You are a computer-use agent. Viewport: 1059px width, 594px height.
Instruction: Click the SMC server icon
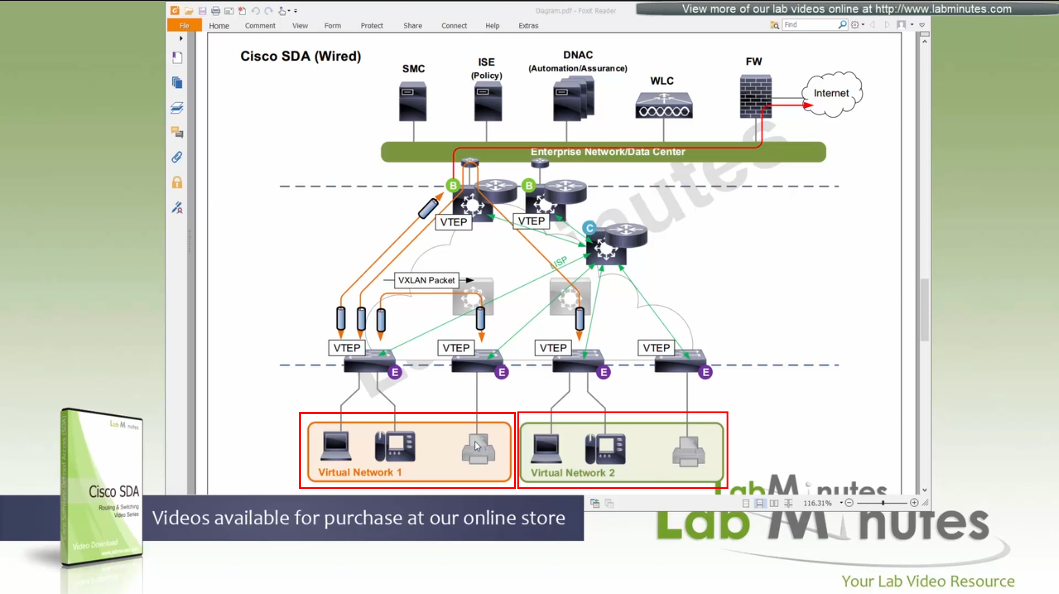413,101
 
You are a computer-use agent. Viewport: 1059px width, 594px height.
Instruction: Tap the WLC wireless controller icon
664,105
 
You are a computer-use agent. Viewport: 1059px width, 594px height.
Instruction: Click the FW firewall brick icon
755,96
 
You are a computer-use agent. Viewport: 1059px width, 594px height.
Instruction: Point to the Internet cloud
831,94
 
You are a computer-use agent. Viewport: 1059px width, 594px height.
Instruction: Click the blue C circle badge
589,228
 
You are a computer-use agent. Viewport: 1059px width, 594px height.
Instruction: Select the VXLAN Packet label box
426,280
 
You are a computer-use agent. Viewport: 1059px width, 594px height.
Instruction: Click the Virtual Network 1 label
360,472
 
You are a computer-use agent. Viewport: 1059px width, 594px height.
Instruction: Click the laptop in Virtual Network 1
336,446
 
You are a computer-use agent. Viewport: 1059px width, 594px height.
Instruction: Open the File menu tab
184,25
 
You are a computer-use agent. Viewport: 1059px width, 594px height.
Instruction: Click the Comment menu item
260,25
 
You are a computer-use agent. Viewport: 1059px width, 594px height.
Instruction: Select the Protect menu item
372,25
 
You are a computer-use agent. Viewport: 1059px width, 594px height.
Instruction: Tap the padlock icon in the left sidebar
177,182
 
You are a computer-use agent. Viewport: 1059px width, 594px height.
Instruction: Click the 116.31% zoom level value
817,503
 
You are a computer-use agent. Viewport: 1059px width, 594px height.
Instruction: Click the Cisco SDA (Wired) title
301,56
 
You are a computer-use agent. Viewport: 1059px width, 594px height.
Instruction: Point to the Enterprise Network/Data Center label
607,152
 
